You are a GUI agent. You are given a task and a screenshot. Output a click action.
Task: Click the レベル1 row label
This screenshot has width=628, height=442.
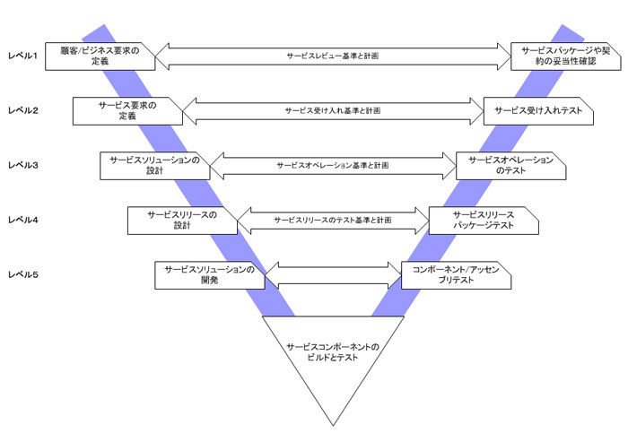coord(22,56)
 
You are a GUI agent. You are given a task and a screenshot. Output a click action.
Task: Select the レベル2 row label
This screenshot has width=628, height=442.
coord(22,110)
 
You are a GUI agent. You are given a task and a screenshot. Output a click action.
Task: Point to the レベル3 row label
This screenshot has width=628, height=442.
coord(22,165)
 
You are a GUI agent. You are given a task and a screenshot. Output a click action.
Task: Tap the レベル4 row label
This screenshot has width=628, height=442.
coord(22,220)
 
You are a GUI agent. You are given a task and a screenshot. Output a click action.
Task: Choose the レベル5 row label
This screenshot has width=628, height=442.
coord(22,273)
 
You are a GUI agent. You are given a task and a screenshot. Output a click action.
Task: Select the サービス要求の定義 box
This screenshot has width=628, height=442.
coord(127,110)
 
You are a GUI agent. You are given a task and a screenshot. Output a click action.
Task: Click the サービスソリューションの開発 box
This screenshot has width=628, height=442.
coord(210,274)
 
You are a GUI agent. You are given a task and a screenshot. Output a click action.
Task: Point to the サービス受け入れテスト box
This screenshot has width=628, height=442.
coord(537,110)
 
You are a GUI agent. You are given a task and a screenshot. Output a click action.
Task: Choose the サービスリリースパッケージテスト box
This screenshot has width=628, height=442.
coord(484,220)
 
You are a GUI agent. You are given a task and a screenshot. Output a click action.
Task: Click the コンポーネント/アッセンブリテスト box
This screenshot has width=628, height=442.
coord(456,274)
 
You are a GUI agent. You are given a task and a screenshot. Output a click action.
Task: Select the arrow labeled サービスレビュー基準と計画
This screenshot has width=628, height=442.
coord(333,56)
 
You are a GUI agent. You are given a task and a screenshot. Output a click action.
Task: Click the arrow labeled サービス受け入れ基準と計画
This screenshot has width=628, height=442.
coord(333,110)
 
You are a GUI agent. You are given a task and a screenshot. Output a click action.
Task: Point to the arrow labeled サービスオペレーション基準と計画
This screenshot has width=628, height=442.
coord(333,165)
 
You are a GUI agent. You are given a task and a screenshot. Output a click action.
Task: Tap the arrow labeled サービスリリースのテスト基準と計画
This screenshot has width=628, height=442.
coord(333,220)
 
